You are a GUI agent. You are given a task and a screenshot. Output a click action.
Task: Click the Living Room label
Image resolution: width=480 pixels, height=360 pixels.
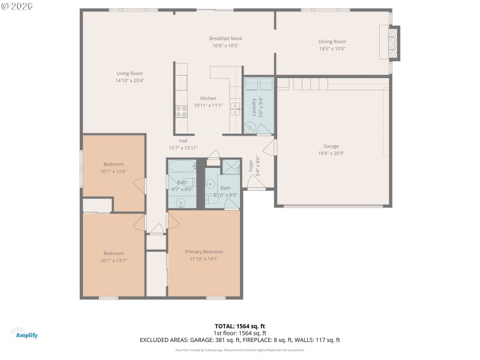click(130, 73)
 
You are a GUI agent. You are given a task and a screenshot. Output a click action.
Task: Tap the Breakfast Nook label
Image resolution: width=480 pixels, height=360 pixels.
click(226, 38)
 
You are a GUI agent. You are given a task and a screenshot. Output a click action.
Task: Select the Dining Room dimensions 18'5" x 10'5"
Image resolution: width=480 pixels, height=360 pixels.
click(332, 49)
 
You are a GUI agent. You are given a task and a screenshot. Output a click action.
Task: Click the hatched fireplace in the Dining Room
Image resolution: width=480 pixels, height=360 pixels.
click(393, 43)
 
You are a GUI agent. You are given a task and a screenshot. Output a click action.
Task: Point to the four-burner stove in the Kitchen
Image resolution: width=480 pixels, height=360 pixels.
click(181, 110)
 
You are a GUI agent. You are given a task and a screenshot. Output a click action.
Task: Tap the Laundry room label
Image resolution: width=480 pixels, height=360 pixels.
click(254, 106)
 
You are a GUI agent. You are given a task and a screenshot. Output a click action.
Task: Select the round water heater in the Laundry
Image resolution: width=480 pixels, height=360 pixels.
click(251, 126)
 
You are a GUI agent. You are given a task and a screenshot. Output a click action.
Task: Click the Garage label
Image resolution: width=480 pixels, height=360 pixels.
click(331, 146)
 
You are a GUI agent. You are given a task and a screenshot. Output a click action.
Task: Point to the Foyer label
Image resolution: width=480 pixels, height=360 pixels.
click(251, 166)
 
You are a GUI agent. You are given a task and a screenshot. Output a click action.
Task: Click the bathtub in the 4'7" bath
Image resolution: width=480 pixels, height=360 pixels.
click(182, 166)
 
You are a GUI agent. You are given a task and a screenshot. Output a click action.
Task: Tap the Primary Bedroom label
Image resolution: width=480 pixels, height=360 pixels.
click(204, 251)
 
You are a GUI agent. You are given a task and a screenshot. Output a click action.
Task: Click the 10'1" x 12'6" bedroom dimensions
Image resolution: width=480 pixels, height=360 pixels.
click(113, 171)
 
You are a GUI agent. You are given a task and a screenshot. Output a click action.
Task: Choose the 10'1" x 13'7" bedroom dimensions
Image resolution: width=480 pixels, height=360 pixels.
click(113, 260)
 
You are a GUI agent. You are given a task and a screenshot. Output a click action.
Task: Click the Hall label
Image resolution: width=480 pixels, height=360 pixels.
click(183, 140)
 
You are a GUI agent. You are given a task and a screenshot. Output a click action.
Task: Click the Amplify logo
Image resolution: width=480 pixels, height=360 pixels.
click(24, 333)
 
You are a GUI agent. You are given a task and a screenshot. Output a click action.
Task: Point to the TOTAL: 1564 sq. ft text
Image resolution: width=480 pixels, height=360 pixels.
click(240, 326)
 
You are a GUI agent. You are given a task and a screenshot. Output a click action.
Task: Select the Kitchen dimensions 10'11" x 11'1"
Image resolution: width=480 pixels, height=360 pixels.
click(208, 106)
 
